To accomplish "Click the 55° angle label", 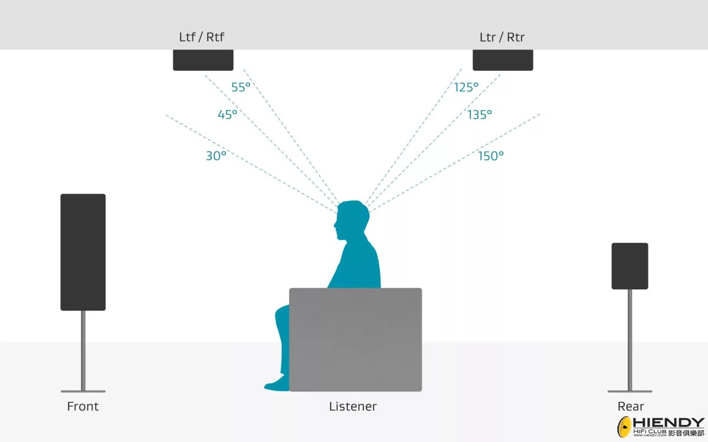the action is click(241, 87).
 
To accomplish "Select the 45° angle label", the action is click(227, 114).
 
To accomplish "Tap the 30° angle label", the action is click(216, 156).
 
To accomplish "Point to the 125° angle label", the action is click(466, 87).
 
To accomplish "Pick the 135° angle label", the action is click(480, 114).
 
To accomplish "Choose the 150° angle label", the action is click(491, 156).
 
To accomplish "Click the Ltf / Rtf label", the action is click(202, 37).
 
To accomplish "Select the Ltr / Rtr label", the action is click(502, 37).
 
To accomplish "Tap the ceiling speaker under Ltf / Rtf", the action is click(203, 60).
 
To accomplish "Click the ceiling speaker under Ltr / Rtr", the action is click(503, 60).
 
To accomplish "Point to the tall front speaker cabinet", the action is click(83, 252).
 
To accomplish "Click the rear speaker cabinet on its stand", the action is click(630, 266).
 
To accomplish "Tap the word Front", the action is click(83, 406).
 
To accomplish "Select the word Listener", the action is click(353, 406).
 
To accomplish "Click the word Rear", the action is click(631, 406).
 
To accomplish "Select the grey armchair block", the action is click(356, 339).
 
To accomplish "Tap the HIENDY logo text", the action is click(669, 423).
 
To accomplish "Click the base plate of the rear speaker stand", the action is click(630, 391).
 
